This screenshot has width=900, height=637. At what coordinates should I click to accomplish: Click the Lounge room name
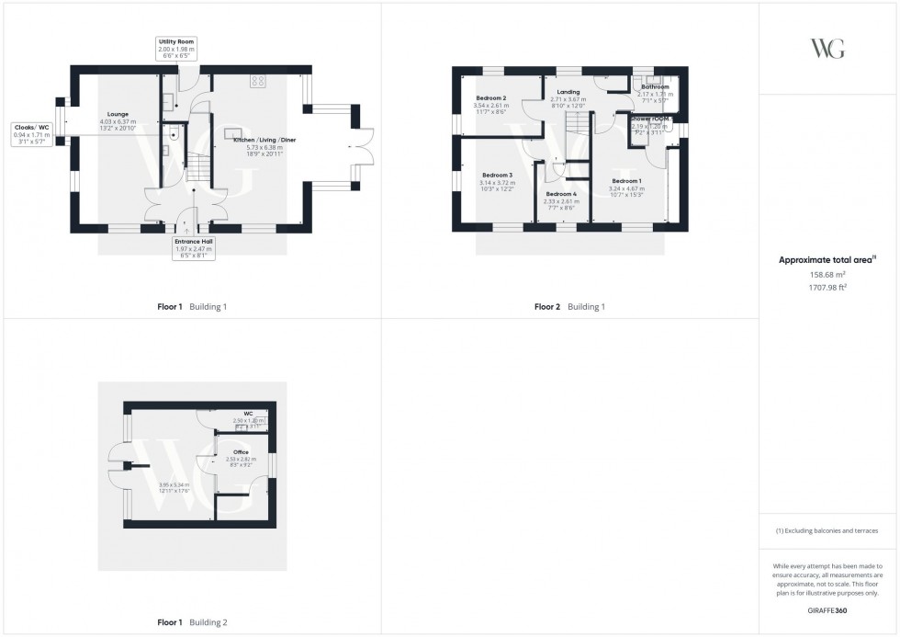pyautogui.click(x=118, y=114)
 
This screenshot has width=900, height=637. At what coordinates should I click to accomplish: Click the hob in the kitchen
pyautogui.click(x=258, y=81)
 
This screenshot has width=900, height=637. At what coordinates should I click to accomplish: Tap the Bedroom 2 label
pyautogui.click(x=492, y=97)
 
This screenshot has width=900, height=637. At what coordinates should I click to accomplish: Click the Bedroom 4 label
pyautogui.click(x=561, y=194)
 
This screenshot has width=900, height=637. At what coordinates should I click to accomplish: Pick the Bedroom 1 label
pyautogui.click(x=626, y=181)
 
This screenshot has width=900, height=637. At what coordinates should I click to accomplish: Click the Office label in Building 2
pyautogui.click(x=241, y=452)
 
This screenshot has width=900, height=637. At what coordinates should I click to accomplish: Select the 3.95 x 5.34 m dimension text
pyautogui.click(x=148, y=484)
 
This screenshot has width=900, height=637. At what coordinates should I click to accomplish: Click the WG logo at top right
pyautogui.click(x=827, y=49)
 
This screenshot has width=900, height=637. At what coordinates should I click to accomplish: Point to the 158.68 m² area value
pyautogui.click(x=827, y=273)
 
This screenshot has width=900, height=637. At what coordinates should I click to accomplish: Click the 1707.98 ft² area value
pyautogui.click(x=827, y=286)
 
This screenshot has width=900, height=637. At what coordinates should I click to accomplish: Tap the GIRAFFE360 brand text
pyautogui.click(x=827, y=609)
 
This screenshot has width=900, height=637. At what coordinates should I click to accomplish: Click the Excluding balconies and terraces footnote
pyautogui.click(x=827, y=531)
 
